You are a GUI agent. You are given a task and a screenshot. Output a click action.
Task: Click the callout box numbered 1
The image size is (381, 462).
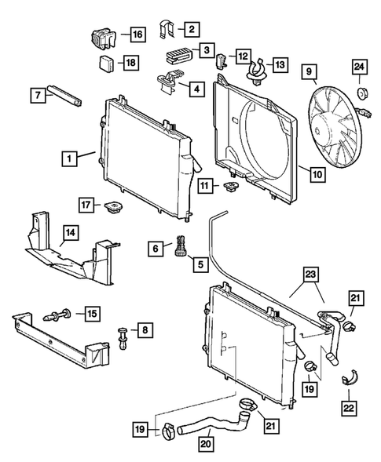[71, 158]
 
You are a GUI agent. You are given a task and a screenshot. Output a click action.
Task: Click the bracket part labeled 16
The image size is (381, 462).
[99, 36]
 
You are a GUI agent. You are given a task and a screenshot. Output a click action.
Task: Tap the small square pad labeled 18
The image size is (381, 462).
[104, 62]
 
